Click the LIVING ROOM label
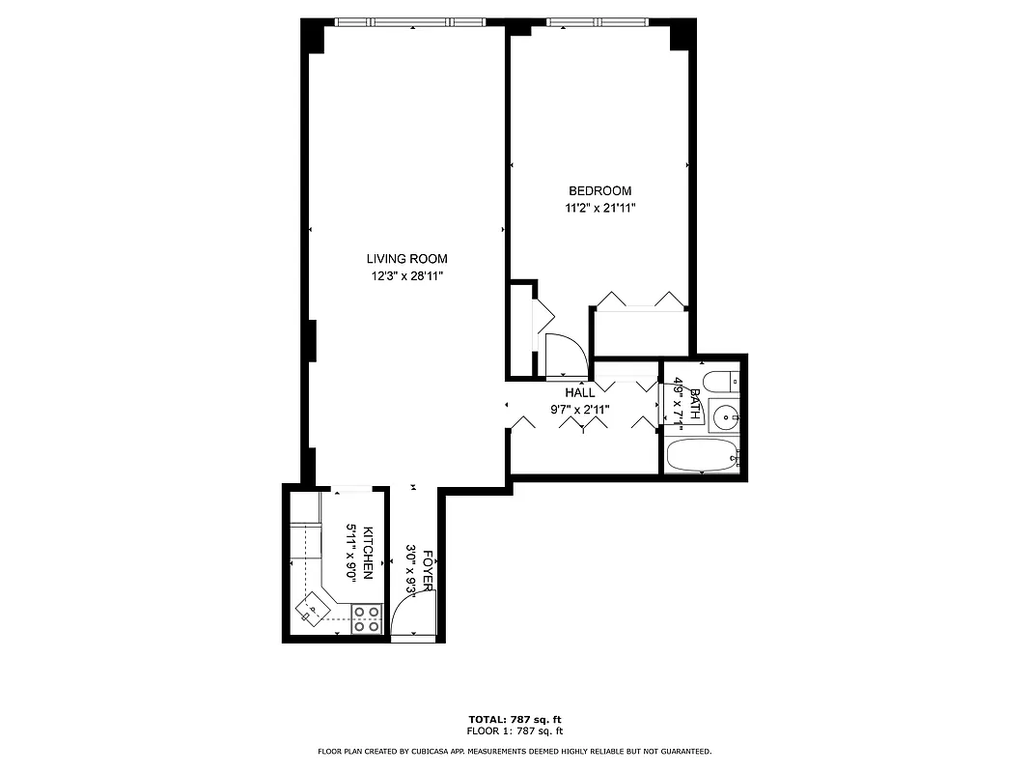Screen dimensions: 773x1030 pos(406,258)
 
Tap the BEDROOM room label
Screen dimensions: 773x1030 pos(599,190)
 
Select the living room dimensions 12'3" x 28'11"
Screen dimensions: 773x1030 pos(406,276)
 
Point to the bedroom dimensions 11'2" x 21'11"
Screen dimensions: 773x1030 pos(599,208)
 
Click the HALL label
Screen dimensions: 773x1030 pos(579,392)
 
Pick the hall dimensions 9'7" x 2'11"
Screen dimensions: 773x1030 pos(579,409)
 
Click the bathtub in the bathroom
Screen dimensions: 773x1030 pos(702,456)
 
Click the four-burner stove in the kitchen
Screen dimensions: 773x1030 pos(366,618)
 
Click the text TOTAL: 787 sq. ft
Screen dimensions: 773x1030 pos(515,720)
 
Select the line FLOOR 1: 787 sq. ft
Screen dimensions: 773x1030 pos(515,731)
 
